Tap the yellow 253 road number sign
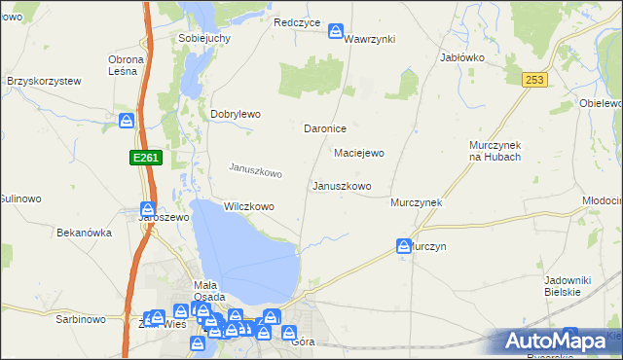[x=531, y=81]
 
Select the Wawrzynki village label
[x=369, y=38]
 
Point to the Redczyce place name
[x=297, y=22]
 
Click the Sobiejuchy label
[x=203, y=38]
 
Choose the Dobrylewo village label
[x=236, y=114]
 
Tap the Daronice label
[x=326, y=128]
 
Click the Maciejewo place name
[x=359, y=153]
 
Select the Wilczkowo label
[x=248, y=206]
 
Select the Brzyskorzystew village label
[x=43, y=81]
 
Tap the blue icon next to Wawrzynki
[x=336, y=31]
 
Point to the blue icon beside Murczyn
[x=403, y=247]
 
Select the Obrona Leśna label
[x=126, y=65]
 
